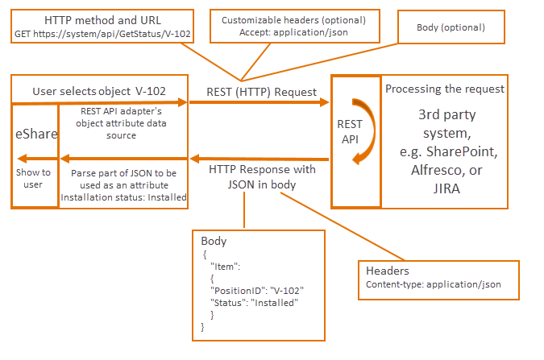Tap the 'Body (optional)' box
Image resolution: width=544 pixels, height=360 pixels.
[451, 27]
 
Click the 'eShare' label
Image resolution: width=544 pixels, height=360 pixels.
[36, 134]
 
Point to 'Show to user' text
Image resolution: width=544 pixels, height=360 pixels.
[35, 178]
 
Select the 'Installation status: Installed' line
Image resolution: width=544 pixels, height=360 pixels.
[123, 197]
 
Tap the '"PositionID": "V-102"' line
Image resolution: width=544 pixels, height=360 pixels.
[255, 291]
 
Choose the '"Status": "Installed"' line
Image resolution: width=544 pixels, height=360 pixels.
[254, 303]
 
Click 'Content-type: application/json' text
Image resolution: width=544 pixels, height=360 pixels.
[434, 284]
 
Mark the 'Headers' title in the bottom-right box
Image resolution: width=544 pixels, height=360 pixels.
[387, 271]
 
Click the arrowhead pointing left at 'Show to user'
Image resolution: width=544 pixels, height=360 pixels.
[22, 158]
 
